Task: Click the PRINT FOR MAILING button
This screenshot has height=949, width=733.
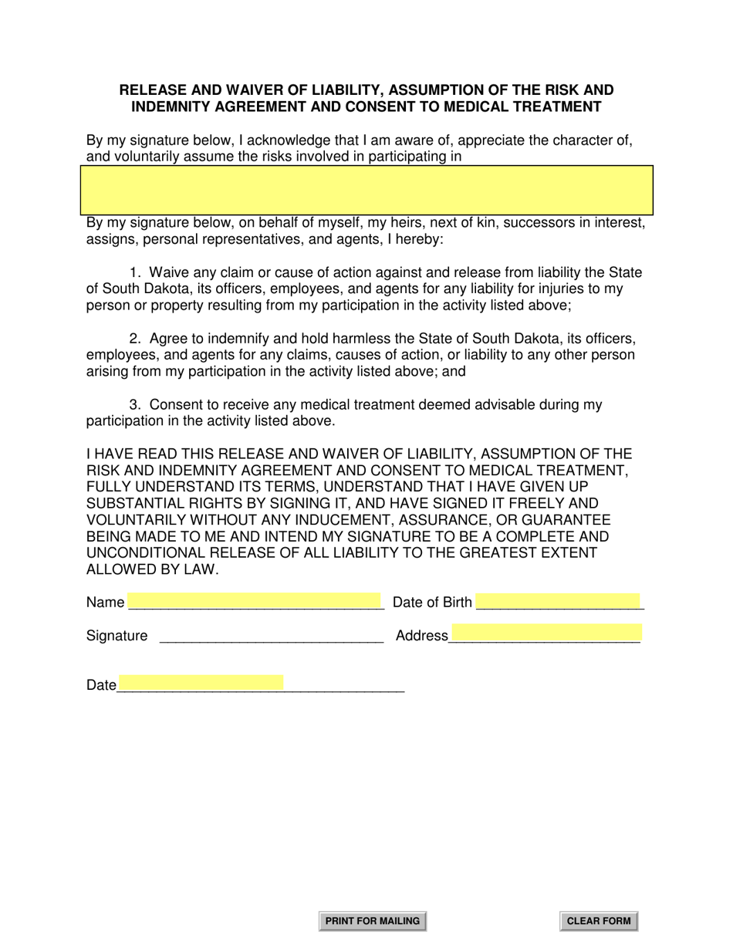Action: (x=373, y=920)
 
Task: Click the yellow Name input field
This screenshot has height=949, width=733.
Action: (x=255, y=601)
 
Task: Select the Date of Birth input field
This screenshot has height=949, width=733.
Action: (x=559, y=601)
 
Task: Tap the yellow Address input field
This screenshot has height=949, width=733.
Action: (x=546, y=633)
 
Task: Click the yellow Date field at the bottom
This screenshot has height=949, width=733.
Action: (x=201, y=682)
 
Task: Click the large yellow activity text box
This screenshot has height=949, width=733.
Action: (x=367, y=190)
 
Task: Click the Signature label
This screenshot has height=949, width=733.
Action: (x=117, y=636)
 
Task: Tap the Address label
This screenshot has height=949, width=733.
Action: (x=421, y=636)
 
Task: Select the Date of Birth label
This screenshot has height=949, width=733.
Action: (x=432, y=603)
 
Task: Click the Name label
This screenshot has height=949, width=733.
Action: (x=105, y=603)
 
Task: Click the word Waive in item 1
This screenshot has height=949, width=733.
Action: (x=168, y=272)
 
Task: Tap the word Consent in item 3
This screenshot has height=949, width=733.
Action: (x=177, y=405)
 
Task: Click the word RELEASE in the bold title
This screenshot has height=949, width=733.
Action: (x=150, y=90)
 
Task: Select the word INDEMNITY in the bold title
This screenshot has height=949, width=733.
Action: (x=169, y=106)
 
